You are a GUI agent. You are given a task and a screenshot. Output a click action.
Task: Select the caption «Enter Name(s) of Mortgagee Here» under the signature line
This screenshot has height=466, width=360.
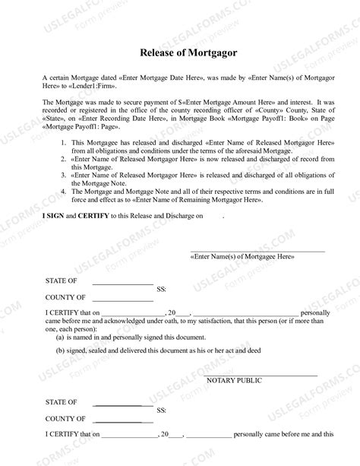242,258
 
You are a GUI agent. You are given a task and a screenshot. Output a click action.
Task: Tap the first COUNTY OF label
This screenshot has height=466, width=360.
65,297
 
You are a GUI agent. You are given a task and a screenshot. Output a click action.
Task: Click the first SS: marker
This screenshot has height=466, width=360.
162,290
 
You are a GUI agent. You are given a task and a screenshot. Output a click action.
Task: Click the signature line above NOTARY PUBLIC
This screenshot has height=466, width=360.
261,374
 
